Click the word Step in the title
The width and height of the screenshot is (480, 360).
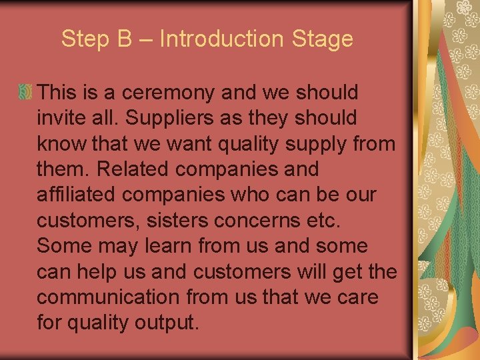point(83,39)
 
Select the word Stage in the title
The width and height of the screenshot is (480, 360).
point(322,39)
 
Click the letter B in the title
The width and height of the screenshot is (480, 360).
point(125,39)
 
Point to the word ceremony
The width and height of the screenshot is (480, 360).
point(175,93)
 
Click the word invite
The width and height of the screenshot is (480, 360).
point(60,118)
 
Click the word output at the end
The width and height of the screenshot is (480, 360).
point(166,323)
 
